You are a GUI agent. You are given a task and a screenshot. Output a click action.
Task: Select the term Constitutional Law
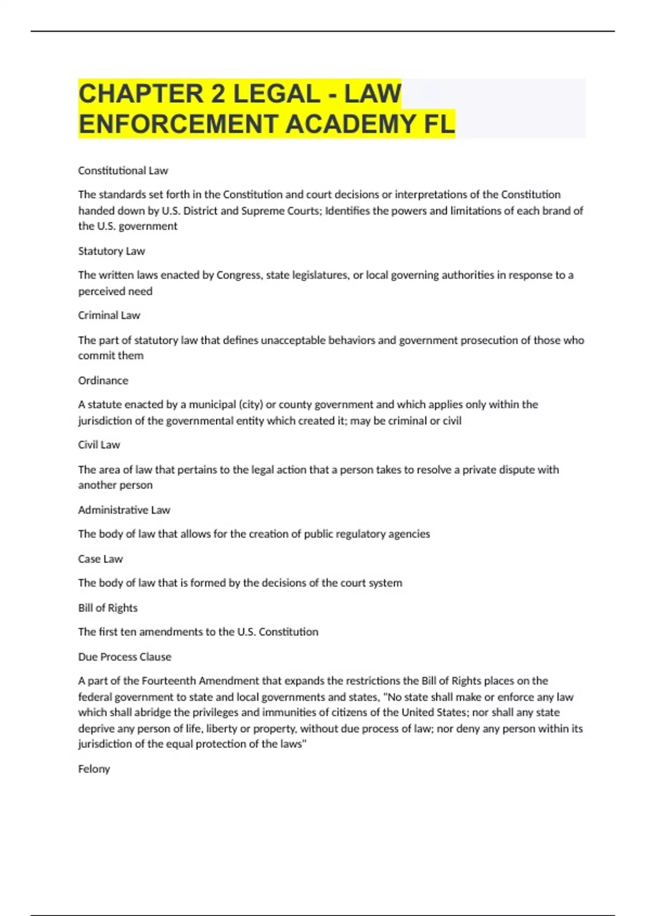123,171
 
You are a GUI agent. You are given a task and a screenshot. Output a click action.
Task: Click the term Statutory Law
111,251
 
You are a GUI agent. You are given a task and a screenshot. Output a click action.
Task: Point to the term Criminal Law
109,315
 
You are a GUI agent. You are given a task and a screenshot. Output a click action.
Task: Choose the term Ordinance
103,380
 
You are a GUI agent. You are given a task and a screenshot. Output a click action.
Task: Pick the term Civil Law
99,445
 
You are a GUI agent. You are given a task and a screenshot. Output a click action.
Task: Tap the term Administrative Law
124,510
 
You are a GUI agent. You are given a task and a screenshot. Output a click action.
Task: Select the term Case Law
100,559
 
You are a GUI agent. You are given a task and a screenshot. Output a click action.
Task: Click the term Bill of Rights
108,608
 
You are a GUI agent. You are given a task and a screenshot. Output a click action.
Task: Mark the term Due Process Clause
124,657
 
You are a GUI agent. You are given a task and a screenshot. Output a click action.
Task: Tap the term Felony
94,769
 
